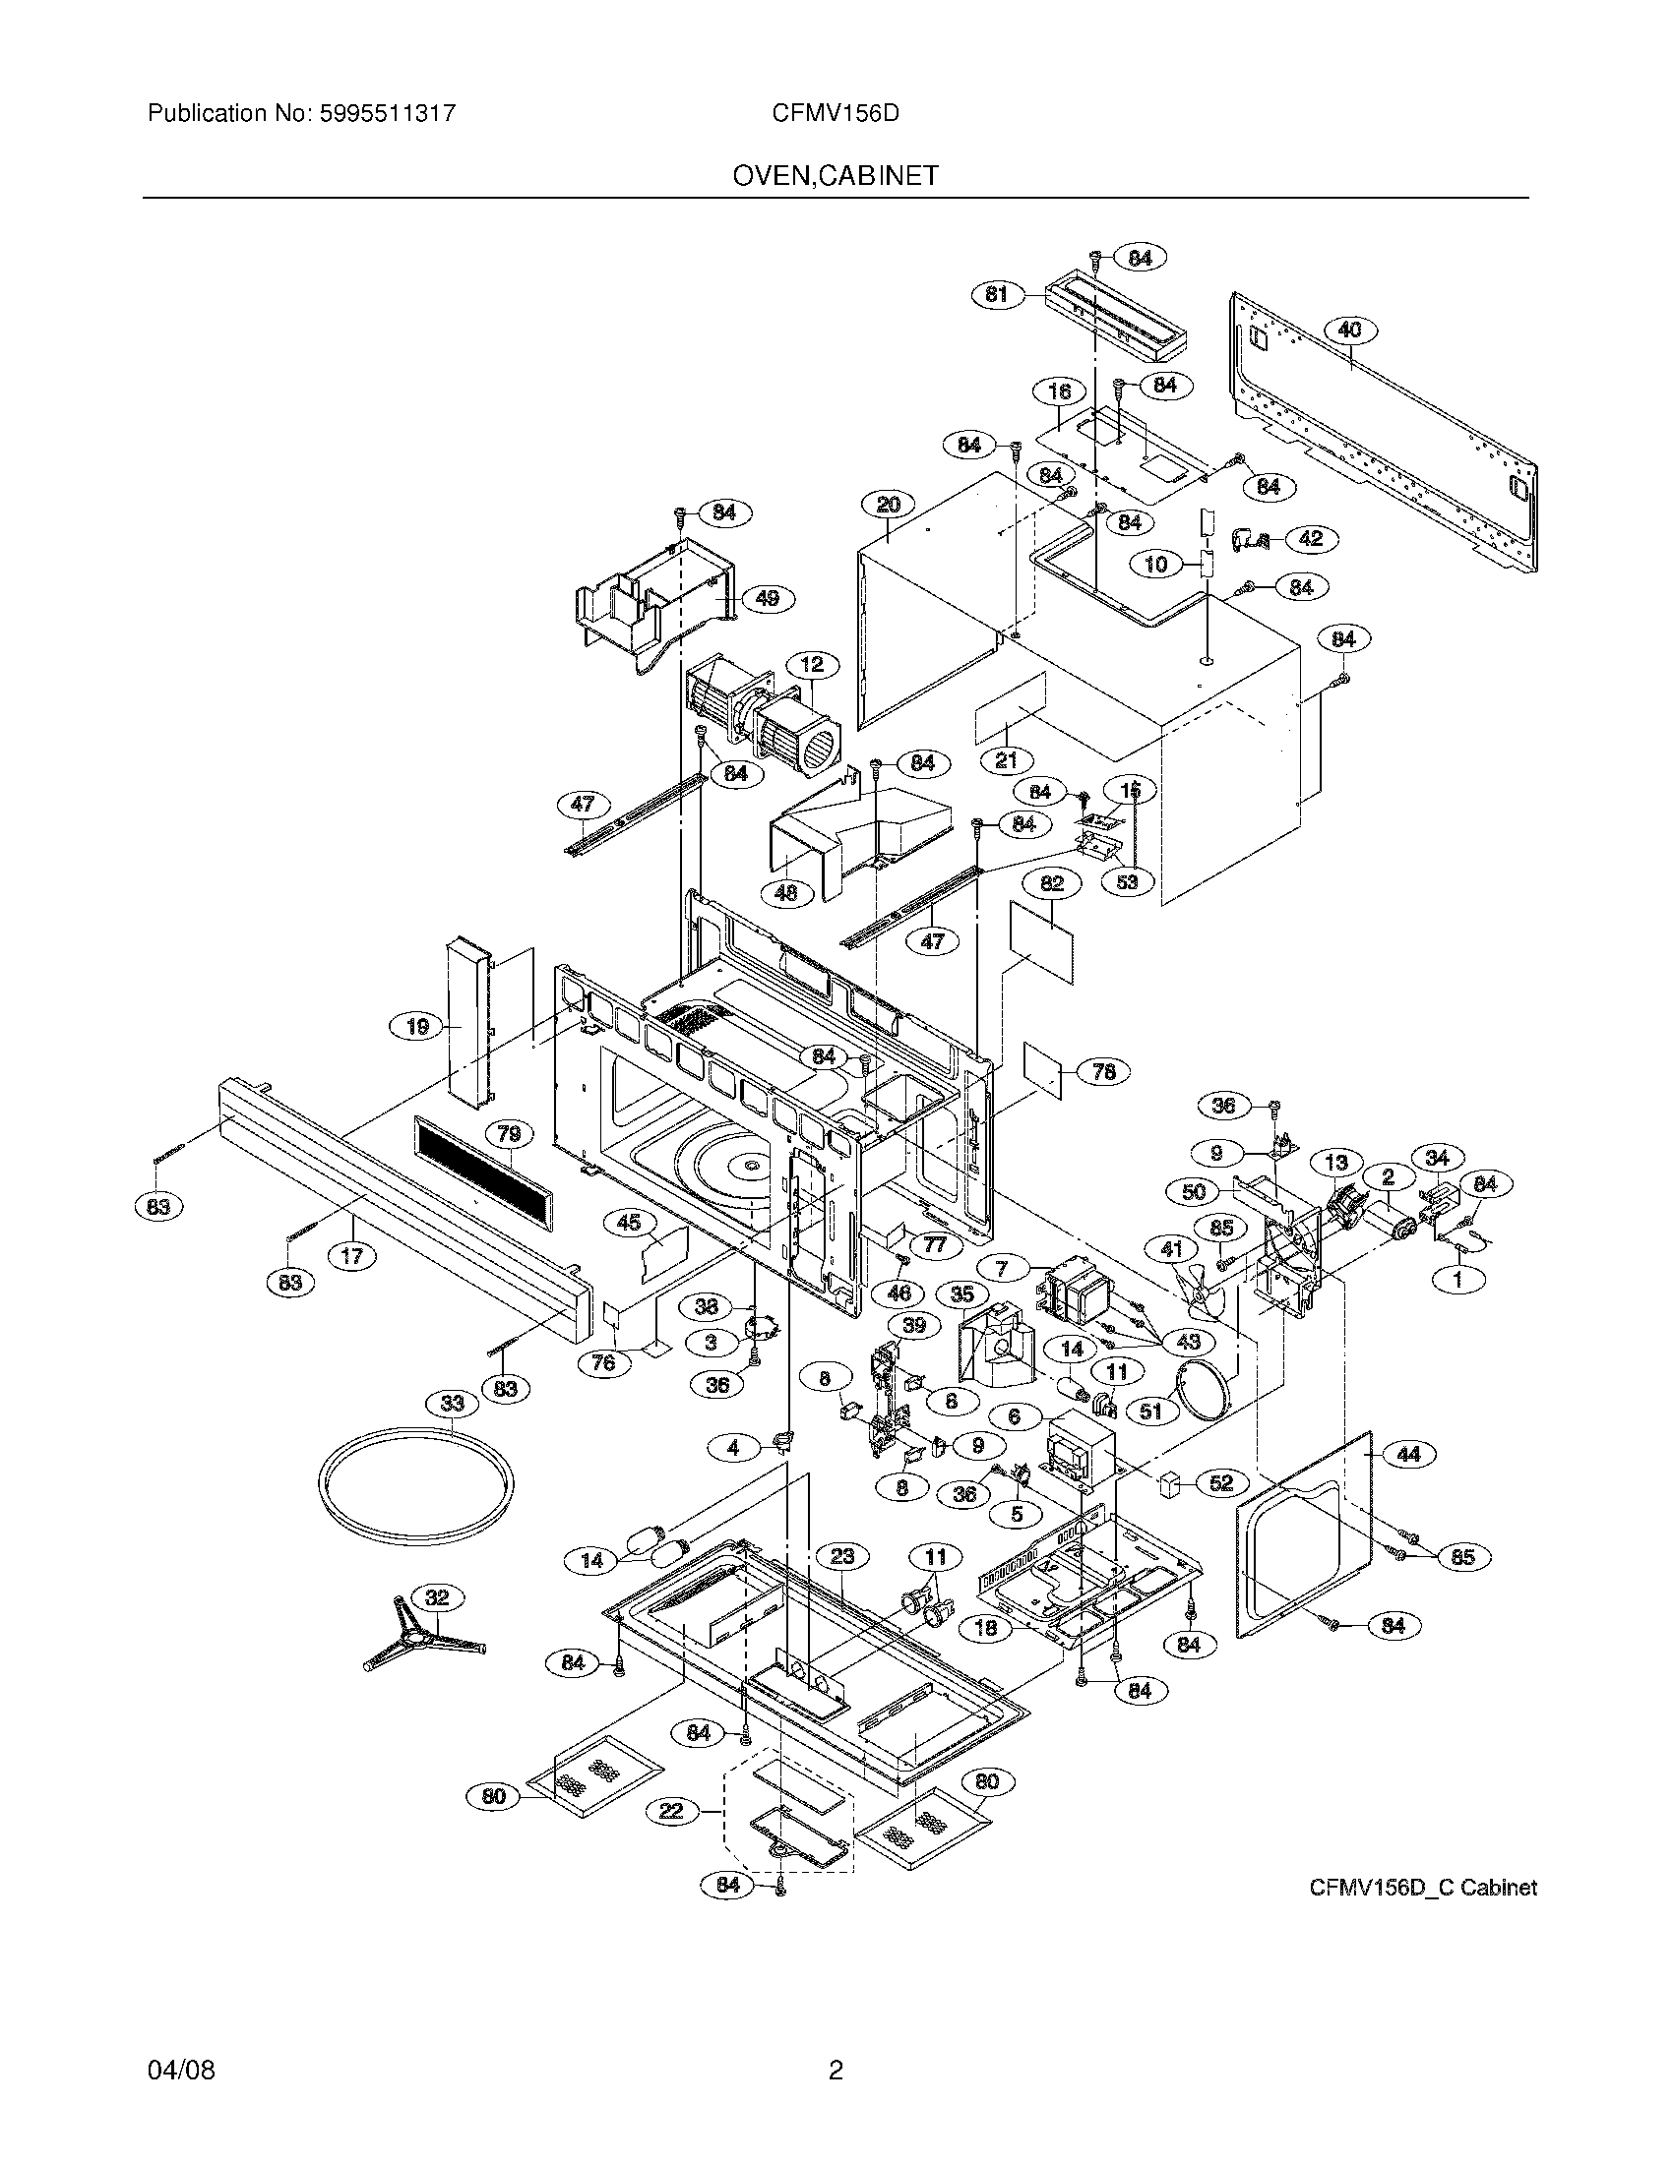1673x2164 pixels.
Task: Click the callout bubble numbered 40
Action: click(1350, 330)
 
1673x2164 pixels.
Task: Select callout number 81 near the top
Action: click(996, 294)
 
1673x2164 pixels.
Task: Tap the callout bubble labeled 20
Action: click(888, 505)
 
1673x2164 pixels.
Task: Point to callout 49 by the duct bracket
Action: click(768, 598)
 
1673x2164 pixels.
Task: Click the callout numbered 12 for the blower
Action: click(813, 665)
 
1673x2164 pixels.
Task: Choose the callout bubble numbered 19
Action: click(417, 1027)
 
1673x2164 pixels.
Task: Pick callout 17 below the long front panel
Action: click(352, 1256)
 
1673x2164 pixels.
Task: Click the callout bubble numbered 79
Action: click(509, 1133)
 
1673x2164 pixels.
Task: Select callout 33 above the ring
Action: click(452, 1403)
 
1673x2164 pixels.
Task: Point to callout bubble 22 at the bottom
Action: click(671, 1811)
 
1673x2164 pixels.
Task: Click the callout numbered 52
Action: click(1221, 1482)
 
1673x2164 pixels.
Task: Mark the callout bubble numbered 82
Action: click(1052, 883)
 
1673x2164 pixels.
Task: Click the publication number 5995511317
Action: click(386, 113)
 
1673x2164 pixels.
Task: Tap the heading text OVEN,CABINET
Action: click(836, 176)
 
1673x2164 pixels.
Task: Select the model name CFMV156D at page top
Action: click(836, 113)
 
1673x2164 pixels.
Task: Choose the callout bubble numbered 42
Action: click(1310, 539)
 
